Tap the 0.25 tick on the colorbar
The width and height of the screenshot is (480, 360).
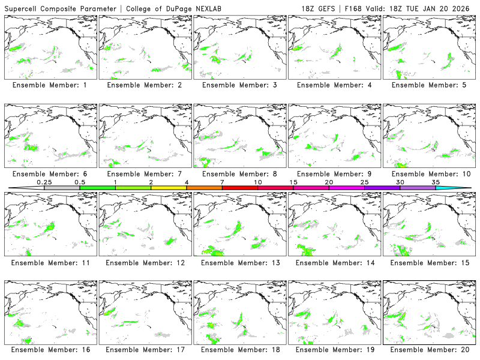[x=44, y=182]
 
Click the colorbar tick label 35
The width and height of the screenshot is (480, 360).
[x=436, y=182]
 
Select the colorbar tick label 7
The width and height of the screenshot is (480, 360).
[x=222, y=182]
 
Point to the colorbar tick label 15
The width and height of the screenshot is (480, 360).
[x=293, y=182]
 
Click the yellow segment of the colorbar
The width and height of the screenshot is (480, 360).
[x=169, y=188]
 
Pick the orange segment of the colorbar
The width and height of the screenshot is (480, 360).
[x=204, y=188]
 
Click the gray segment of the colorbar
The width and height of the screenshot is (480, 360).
[x=62, y=188]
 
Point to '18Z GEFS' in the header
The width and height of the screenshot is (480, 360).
[x=320, y=7]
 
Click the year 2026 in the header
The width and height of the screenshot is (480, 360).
[x=465, y=7]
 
